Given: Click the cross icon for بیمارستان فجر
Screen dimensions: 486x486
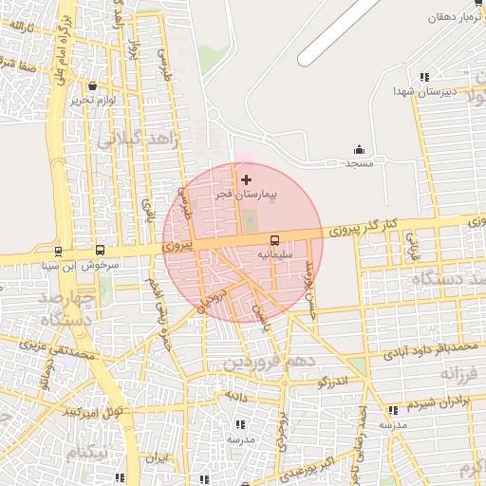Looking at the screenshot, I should point(247,179).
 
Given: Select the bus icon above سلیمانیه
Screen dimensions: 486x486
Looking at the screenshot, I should point(274,240).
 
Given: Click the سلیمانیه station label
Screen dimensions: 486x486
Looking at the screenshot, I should point(275,255).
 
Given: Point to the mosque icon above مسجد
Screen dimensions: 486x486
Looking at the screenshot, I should point(359,149).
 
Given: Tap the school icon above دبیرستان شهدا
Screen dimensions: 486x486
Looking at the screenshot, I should point(424,77).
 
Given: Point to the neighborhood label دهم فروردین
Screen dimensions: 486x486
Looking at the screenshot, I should point(257,364).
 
